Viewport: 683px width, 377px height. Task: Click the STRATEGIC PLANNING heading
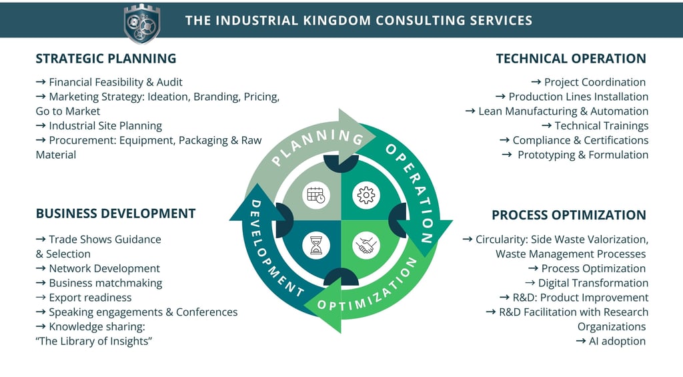pyautogui.click(x=106, y=59)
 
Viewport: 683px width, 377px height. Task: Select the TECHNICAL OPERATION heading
pyautogui.click(x=571, y=59)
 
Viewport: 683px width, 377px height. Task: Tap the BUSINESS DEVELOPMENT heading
pyautogui.click(x=115, y=214)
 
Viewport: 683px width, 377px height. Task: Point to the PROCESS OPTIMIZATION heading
pyautogui.click(x=569, y=215)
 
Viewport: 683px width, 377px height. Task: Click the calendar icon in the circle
pyautogui.click(x=315, y=195)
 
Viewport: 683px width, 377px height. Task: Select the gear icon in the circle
pyautogui.click(x=366, y=195)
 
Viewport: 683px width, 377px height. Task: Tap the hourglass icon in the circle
pyautogui.click(x=315, y=246)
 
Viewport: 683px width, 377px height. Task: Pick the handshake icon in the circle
pyautogui.click(x=366, y=246)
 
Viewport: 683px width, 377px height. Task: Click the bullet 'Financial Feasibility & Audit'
pyautogui.click(x=115, y=82)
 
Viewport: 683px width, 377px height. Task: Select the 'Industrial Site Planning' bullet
pyautogui.click(x=105, y=125)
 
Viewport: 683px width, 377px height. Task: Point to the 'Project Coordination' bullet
pyautogui.click(x=595, y=82)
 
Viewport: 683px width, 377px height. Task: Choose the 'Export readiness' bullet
pyautogui.click(x=90, y=298)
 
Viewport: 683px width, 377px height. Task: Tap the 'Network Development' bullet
pyautogui.click(x=104, y=268)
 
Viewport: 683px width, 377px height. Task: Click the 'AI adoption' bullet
pyautogui.click(x=617, y=341)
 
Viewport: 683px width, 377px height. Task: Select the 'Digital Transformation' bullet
pyautogui.click(x=593, y=283)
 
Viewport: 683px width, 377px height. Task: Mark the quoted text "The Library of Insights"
pyautogui.click(x=94, y=341)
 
